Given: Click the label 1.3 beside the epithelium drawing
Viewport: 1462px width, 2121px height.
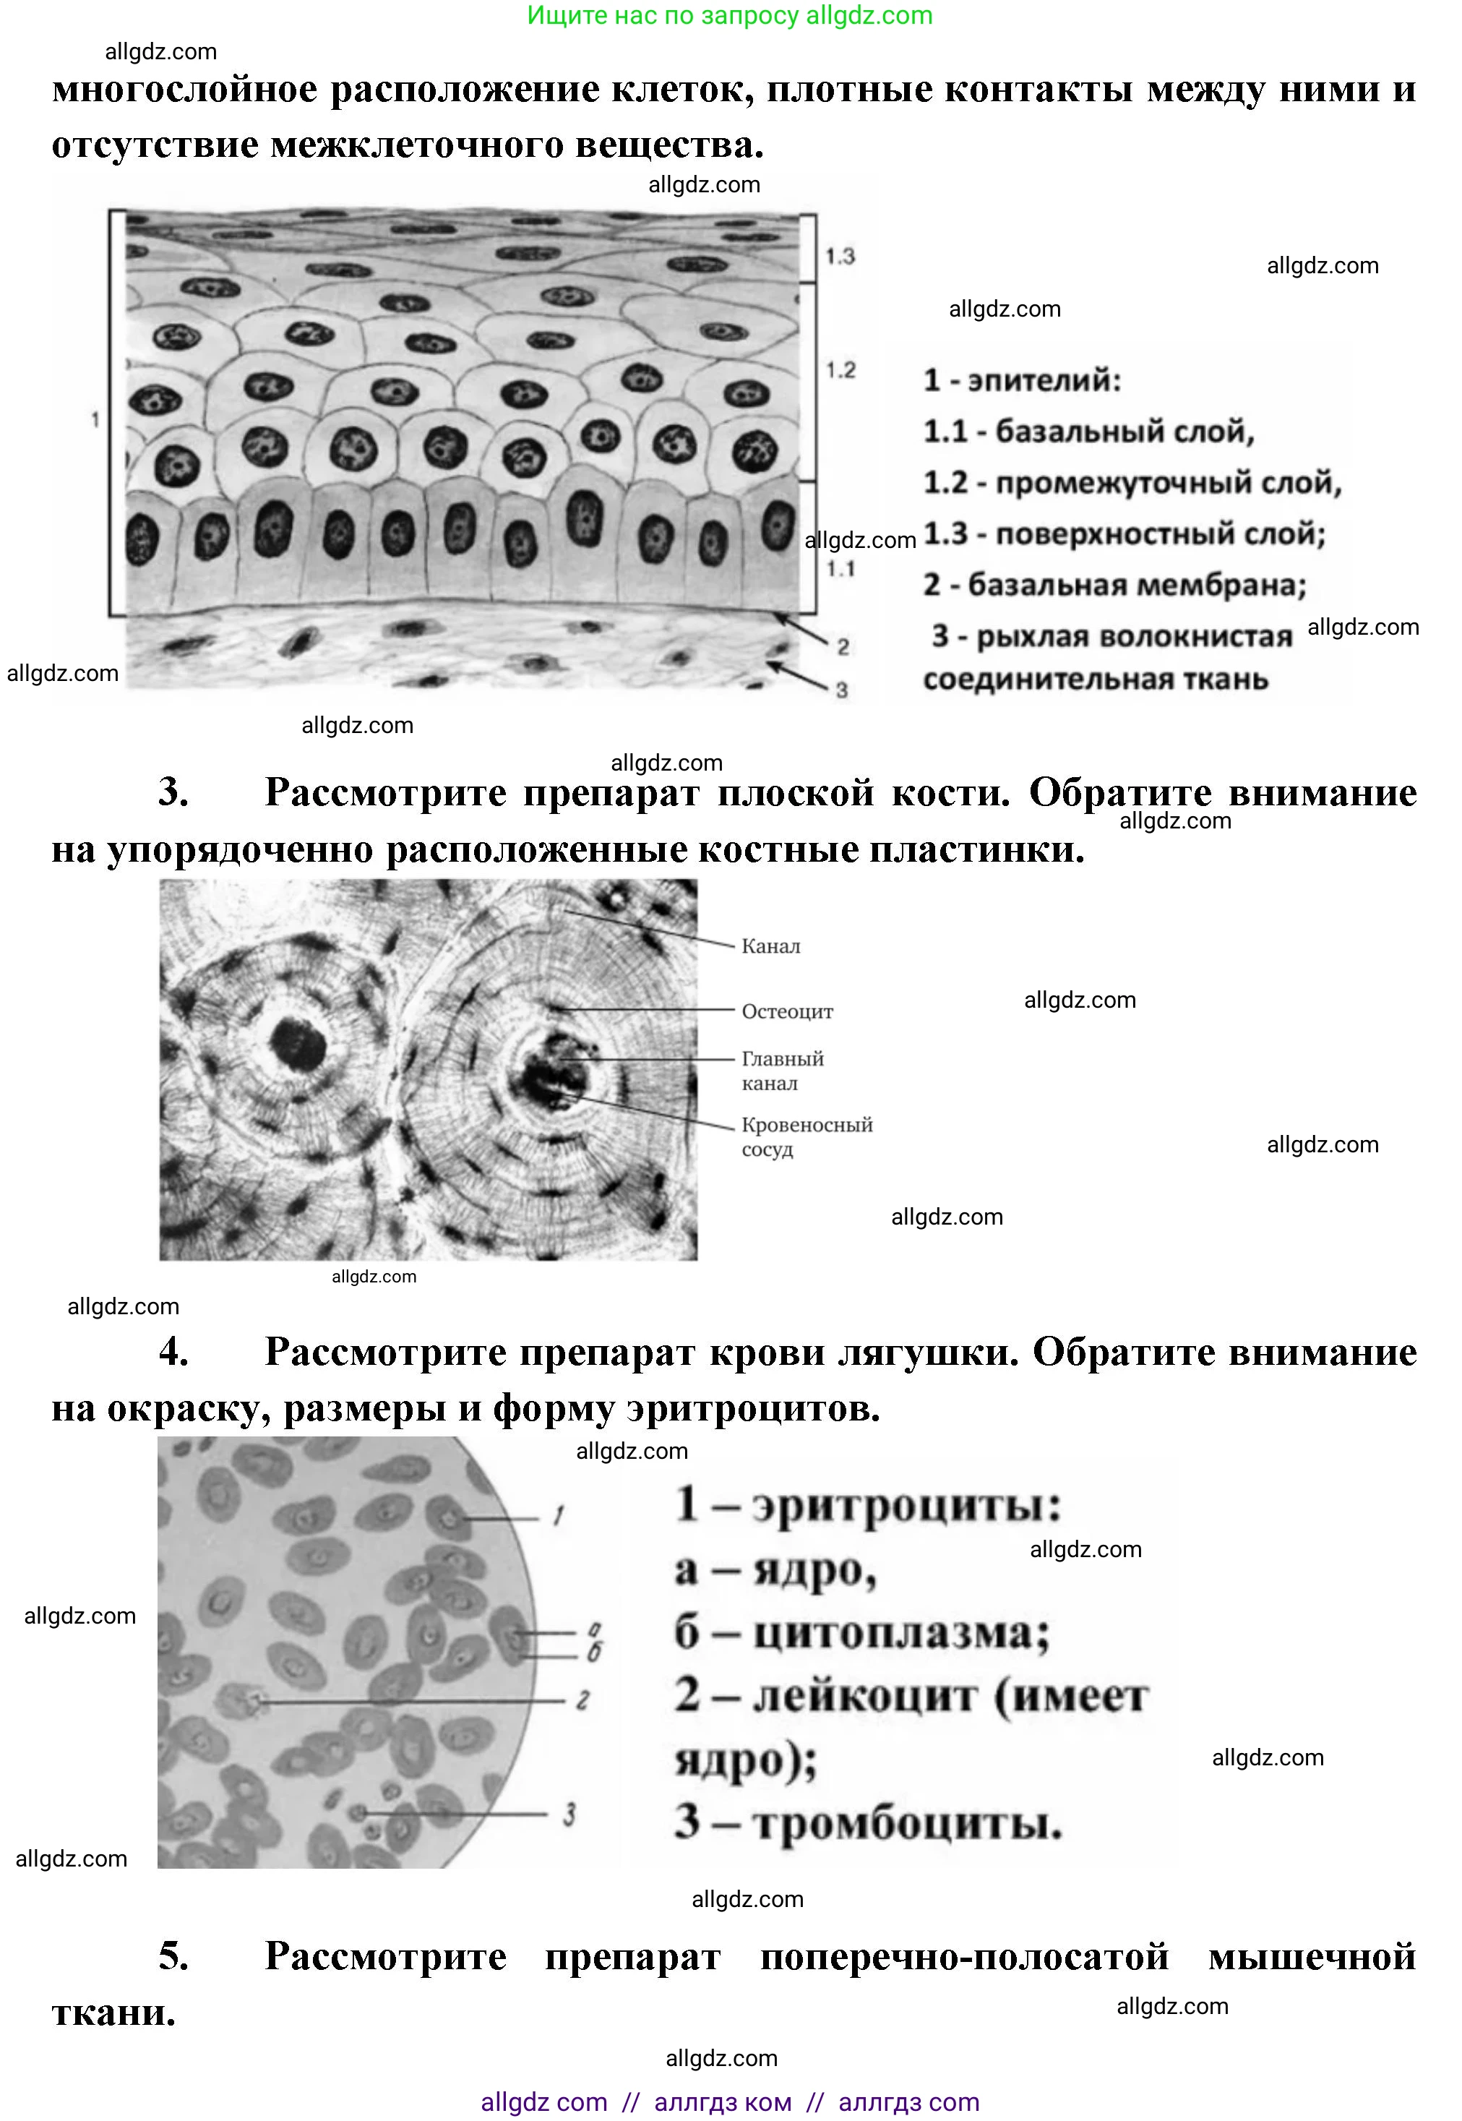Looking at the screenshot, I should (839, 256).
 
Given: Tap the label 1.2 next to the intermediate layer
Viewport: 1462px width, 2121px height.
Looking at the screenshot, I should (839, 370).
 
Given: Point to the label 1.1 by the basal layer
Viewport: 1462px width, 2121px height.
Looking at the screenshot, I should (839, 569).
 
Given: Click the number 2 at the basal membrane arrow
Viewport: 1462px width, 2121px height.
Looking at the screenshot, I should (843, 647).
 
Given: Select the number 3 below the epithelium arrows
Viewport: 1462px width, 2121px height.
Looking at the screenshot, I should (842, 690).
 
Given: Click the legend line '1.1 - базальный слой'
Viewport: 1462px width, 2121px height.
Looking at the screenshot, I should (1088, 431).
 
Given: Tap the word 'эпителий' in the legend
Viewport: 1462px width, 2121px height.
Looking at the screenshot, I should (1044, 380).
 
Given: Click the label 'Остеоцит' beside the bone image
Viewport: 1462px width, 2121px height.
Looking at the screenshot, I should (787, 1011).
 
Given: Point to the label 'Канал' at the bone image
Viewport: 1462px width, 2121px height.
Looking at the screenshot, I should (770, 946).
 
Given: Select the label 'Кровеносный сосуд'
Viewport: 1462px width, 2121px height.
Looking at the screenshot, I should (806, 1136).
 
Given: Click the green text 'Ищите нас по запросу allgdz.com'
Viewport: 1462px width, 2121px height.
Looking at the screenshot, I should (729, 16).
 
